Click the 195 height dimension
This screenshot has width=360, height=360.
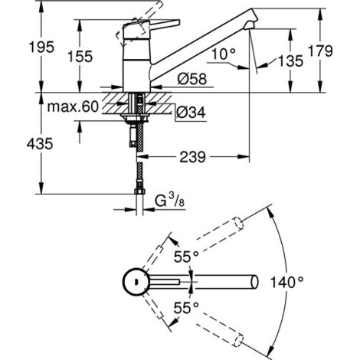click(x=22, y=47)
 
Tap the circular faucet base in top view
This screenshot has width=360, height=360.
click(x=136, y=282)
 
